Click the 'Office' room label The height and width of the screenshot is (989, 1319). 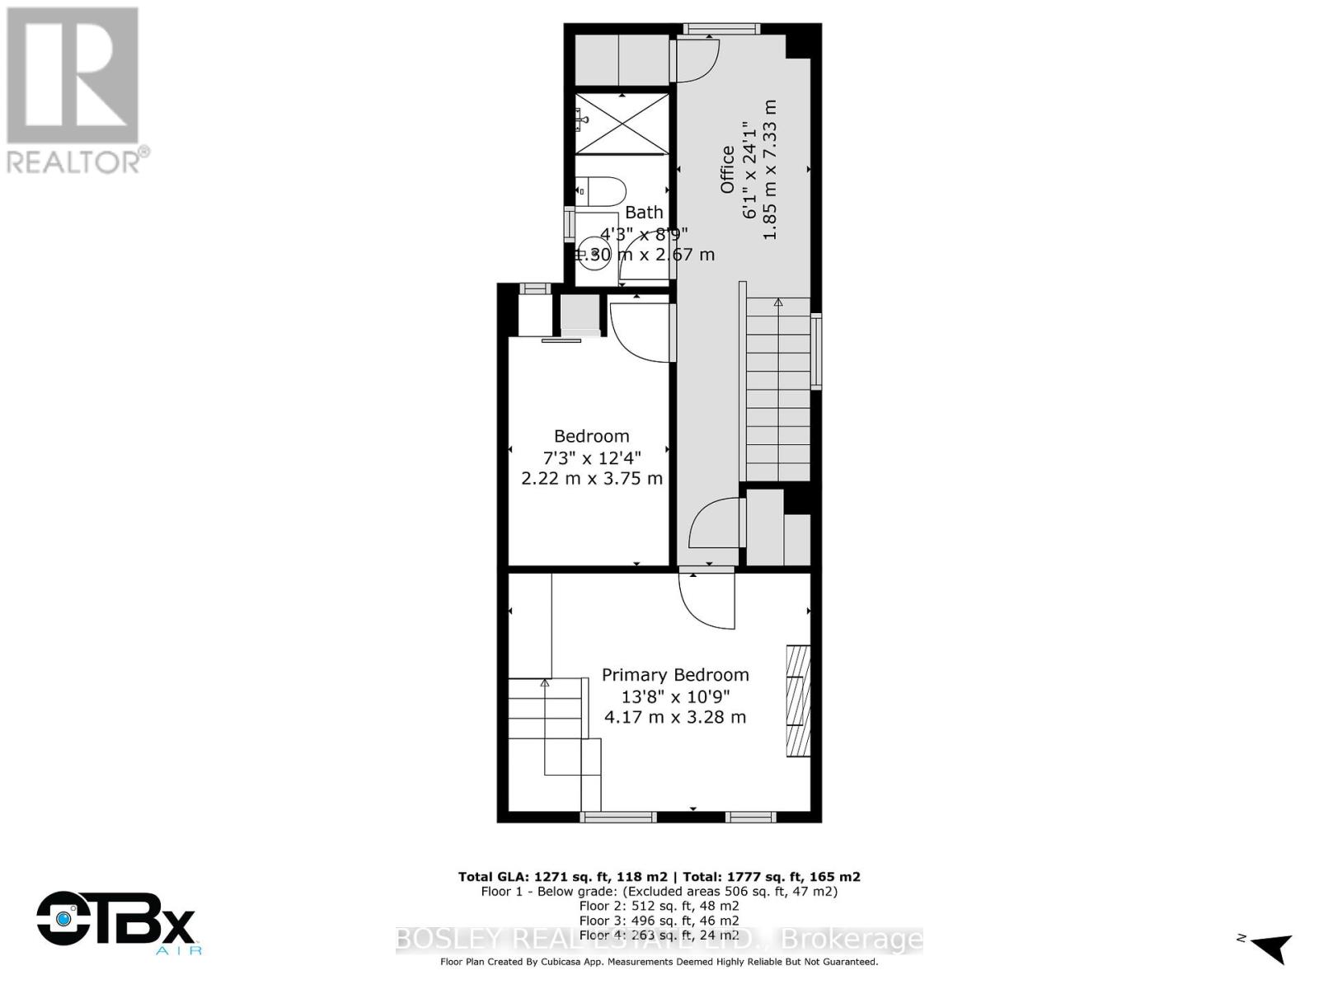tap(727, 170)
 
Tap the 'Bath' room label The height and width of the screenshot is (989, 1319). tap(644, 213)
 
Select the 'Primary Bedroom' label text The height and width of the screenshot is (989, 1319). tap(675, 675)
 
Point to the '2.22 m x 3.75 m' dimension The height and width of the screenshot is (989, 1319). tap(592, 478)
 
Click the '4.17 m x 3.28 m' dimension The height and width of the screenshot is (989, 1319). tap(675, 717)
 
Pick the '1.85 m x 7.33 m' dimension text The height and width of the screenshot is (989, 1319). tap(770, 170)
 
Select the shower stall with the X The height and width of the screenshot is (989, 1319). tap(622, 124)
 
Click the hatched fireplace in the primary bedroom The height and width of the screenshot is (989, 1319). tap(798, 701)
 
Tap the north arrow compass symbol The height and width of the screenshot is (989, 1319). tap(1267, 948)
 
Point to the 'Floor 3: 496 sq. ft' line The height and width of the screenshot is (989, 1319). tap(659, 921)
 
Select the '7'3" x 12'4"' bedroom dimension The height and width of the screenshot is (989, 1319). tap(592, 457)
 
